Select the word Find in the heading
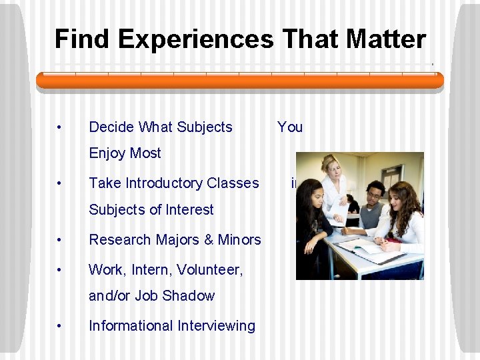coord(79,39)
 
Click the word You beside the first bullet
coord(290,127)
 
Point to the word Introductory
coord(161,183)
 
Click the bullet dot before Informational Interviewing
coord(60,325)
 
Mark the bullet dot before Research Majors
coord(60,239)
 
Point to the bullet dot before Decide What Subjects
coord(60,127)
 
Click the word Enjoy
coord(107,153)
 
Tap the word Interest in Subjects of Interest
coord(189,209)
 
